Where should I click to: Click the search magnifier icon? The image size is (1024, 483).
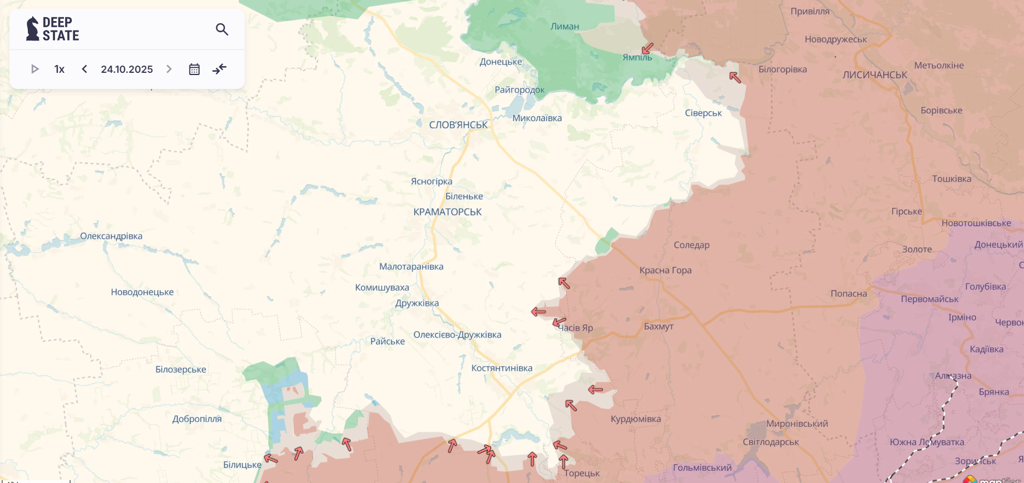pos(222,29)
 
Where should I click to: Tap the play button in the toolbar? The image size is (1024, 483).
pos(34,69)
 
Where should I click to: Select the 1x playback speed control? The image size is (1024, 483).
pos(60,69)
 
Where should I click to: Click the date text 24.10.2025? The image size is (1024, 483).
pos(127,69)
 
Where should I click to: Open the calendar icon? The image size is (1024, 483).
pos(194,69)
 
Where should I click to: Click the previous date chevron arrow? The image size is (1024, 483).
pos(85,69)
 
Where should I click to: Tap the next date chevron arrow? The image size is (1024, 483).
pos(169,69)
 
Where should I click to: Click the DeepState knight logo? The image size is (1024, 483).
pos(32,29)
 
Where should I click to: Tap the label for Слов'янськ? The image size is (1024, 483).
pos(458,125)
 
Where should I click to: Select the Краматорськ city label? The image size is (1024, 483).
pos(447,212)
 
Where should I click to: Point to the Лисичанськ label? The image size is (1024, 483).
pos(874,75)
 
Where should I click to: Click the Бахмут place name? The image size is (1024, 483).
pos(659,326)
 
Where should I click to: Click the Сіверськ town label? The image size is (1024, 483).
pos(703,113)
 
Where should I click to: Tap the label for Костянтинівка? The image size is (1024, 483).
pos(502,368)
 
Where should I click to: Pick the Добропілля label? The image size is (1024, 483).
pos(197,419)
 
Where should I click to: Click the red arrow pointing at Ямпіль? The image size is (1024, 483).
pos(647,48)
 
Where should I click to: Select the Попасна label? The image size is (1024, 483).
pos(848,293)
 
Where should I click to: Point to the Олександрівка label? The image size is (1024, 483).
pos(111,236)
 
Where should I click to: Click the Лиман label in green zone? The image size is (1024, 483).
pos(565,26)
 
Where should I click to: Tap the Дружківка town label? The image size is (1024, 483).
pos(417,303)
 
